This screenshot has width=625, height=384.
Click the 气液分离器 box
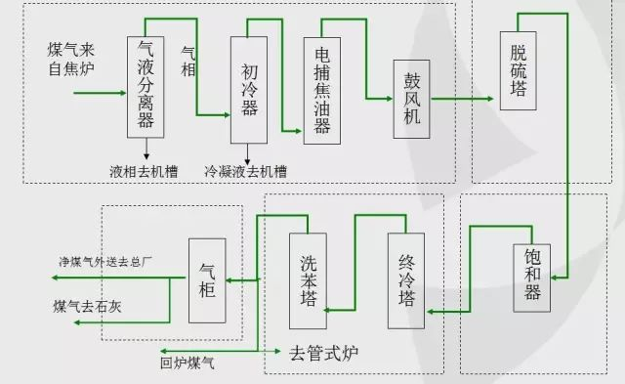(146, 87)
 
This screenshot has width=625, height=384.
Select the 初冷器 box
(248, 90)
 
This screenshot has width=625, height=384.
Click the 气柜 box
(207, 280)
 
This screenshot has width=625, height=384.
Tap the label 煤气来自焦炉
(71, 58)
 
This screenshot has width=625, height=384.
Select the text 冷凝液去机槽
(245, 171)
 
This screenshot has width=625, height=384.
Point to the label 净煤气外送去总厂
(106, 261)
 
